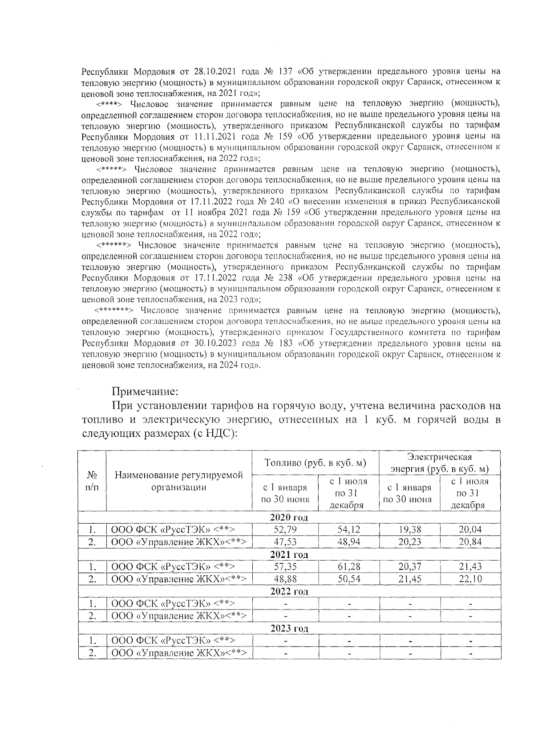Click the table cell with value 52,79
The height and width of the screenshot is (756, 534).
(285, 529)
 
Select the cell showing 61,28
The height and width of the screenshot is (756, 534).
(349, 567)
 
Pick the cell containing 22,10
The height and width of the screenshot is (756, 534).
(470, 579)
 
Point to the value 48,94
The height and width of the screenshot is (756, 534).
(349, 542)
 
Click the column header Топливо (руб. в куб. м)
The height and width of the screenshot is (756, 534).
(316, 463)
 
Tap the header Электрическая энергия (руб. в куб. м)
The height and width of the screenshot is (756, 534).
(440, 463)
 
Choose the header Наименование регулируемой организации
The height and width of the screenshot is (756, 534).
(179, 481)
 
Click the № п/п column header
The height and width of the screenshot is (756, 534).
(92, 481)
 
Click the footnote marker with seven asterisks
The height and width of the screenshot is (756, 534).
(114, 310)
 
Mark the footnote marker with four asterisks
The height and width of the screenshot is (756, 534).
(109, 104)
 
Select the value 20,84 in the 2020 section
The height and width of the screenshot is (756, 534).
(470, 542)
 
